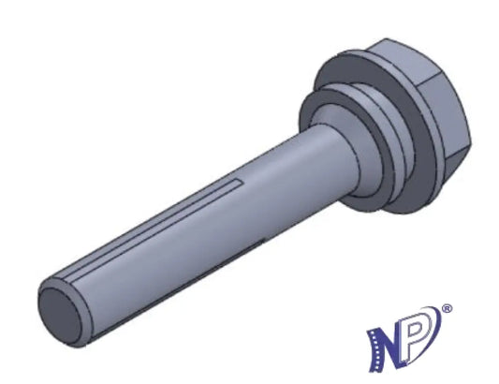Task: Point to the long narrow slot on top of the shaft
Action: (x=153, y=229)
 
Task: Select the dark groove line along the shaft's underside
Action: (x=178, y=288)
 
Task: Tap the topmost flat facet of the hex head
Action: (x=405, y=64)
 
